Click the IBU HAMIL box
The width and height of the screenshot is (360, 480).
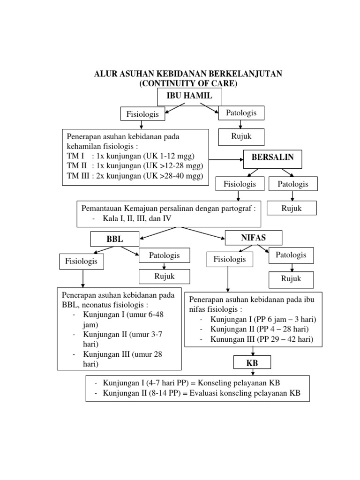[189, 97]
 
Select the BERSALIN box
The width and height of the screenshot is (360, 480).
[273, 158]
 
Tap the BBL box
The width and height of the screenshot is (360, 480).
[115, 239]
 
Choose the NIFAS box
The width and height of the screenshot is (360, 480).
[254, 237]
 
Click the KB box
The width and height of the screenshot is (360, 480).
[253, 364]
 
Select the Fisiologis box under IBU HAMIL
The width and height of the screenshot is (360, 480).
[140, 114]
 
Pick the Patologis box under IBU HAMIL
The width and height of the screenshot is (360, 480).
[241, 113]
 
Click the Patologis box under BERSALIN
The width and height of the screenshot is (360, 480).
[293, 184]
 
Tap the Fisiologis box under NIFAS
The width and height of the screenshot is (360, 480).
[230, 259]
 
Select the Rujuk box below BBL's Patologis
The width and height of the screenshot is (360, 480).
[164, 277]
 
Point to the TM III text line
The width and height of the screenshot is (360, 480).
[135, 176]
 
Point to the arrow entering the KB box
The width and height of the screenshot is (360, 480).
[253, 352]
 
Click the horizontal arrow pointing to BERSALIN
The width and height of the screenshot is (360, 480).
[225, 158]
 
